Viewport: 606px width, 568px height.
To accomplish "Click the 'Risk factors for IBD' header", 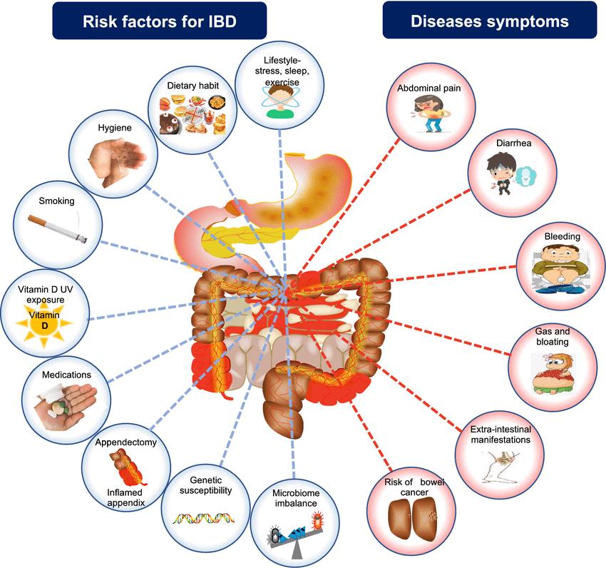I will click(159, 21).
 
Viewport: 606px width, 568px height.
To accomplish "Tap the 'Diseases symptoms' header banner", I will click(489, 21).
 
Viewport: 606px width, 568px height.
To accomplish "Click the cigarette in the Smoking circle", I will click(58, 228).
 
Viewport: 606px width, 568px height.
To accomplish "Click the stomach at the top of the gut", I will click(314, 186).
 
